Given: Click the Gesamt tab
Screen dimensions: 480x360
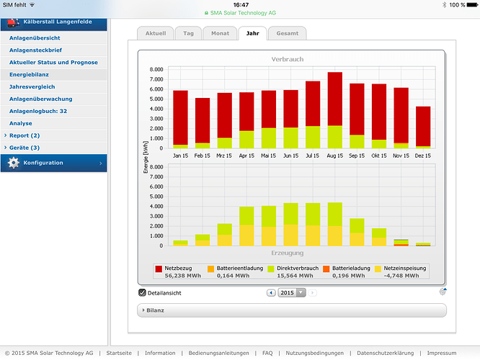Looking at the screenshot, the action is coord(287,33).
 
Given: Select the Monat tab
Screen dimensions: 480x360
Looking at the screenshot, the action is coord(220,33).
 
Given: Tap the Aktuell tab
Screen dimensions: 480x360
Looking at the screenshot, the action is coord(156,33).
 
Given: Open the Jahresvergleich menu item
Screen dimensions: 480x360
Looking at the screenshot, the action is coord(32,87).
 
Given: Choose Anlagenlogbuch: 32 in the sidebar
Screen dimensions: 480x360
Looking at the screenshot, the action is coord(38,112).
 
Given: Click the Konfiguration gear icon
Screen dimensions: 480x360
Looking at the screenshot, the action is coord(14,163).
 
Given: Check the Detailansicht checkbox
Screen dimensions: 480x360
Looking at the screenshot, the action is coord(142,293).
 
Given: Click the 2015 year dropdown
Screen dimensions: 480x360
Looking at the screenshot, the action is coord(292,293).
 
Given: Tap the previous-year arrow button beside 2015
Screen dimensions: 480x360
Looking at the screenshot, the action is coord(271,293).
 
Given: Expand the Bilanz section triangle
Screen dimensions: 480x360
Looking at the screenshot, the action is coord(143,310).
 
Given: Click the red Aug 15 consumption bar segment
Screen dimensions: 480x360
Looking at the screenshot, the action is coord(335,99).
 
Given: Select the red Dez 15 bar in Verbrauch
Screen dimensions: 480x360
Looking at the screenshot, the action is coord(423,126).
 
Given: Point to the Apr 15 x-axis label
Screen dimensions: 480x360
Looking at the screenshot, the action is coord(246,156).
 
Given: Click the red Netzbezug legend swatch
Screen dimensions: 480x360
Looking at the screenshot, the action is coord(159,269).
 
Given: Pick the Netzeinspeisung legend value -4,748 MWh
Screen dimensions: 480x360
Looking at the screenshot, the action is coord(401,276).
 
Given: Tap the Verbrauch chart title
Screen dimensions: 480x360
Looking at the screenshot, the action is coord(288,59).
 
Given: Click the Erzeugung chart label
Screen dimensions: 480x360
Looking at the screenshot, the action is coord(288,253).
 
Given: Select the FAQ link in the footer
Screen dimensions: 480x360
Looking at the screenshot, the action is coord(267,353).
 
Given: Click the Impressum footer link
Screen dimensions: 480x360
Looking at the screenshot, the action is coord(442,353).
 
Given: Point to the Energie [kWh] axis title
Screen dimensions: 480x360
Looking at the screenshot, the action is coord(146,157).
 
